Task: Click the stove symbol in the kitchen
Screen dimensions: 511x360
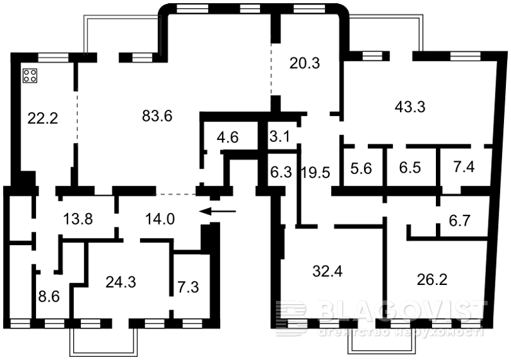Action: [30, 76]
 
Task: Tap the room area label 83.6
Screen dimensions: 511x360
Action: [157, 116]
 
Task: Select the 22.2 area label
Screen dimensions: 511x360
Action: [43, 118]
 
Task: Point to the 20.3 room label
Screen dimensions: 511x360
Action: [305, 63]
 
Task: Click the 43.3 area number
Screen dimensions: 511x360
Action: [410, 107]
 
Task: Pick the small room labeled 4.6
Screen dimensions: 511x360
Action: [228, 137]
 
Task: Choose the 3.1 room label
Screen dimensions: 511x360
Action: [280, 136]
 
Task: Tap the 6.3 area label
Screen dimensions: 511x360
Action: [281, 172]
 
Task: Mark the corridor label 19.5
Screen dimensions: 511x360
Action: [315, 173]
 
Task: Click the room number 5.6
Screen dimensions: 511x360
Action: [361, 168]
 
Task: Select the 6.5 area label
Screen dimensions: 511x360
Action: [410, 167]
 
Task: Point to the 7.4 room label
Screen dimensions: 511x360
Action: [463, 166]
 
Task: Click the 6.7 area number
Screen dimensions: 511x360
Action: [460, 221]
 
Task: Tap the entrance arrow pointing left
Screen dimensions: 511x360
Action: [218, 211]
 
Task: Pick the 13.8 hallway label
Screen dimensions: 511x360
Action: [78, 219]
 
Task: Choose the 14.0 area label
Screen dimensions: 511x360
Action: [160, 219]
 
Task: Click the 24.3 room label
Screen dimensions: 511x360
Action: [121, 282]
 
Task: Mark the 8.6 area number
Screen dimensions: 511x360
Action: [49, 297]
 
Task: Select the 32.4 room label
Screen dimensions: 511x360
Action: [327, 271]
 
